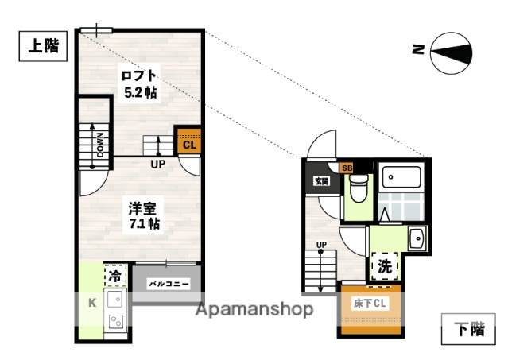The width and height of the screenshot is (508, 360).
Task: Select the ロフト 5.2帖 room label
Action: (x=138, y=83)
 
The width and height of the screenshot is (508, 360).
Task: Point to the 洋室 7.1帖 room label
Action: (x=145, y=215)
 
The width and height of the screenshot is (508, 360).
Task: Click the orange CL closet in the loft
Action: (x=188, y=144)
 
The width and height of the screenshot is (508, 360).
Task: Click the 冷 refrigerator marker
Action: (x=115, y=276)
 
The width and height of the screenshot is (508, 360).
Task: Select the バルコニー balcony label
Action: (x=168, y=282)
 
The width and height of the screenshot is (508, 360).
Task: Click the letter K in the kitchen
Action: (x=91, y=301)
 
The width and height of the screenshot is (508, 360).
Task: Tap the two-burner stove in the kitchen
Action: (x=114, y=322)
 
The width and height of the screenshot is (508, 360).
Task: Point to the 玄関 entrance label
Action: (x=321, y=181)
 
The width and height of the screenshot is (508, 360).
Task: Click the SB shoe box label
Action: (x=347, y=167)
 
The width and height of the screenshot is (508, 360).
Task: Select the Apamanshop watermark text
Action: (x=255, y=309)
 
